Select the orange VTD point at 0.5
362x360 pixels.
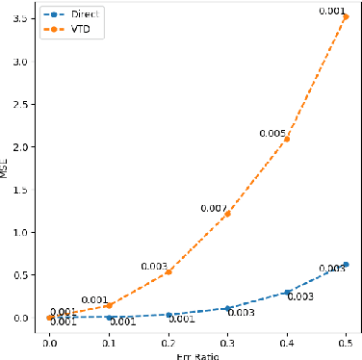346,16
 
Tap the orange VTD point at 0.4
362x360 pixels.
287,139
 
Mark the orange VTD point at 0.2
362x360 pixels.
168,271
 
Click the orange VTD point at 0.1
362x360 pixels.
109,304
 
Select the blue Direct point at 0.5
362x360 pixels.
346,264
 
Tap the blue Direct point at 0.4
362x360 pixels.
287,292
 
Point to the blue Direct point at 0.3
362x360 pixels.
227,308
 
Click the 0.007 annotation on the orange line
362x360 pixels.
213,208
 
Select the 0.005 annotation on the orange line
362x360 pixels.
271,133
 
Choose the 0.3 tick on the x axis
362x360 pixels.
227,341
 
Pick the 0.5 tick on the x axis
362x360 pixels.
346,341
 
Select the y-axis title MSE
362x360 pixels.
6,169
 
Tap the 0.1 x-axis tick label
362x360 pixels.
109,341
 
